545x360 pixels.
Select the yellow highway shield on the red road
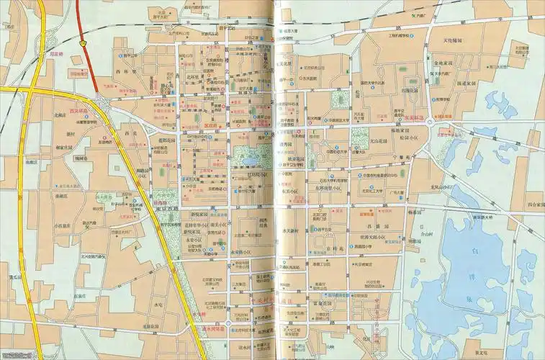85,42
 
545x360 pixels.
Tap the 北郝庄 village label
60,115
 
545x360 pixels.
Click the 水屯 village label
159,305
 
